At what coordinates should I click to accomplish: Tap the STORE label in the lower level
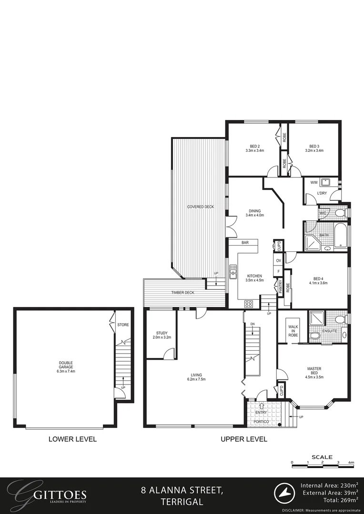pos(123,325)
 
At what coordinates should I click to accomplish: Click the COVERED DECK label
pos(200,207)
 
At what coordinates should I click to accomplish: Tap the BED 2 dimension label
pos(254,148)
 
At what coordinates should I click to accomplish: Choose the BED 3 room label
pos(314,148)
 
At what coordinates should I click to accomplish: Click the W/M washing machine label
pos(314,182)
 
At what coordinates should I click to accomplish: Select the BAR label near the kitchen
pos(245,243)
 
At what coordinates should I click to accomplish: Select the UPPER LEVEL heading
pos(244,439)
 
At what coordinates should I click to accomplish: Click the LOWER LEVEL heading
pos(72,439)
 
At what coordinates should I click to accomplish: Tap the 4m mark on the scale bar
pos(351,462)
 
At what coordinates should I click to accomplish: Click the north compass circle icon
pos(285,493)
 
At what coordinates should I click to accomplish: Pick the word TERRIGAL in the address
pos(182,502)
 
